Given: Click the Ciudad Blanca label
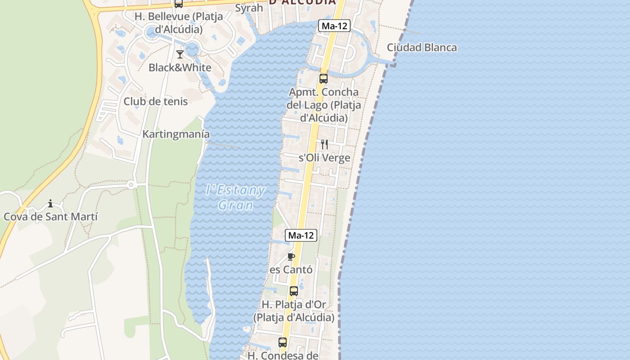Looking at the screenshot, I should click(x=422, y=47).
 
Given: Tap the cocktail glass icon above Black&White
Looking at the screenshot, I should click(x=180, y=54).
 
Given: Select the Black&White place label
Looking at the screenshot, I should click(x=180, y=68).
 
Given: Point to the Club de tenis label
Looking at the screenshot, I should click(x=156, y=101).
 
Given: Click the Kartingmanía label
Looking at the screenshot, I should click(x=176, y=134).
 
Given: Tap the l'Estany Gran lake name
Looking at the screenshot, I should click(x=235, y=198).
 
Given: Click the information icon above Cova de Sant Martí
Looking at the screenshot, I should click(x=50, y=203).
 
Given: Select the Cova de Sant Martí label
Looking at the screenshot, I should click(x=50, y=216).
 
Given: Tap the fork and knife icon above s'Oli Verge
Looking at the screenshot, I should click(x=324, y=144).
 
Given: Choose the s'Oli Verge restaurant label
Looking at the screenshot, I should click(x=324, y=158).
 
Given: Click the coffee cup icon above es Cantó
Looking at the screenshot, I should click(x=291, y=256).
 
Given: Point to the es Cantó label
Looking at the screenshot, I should click(x=291, y=270).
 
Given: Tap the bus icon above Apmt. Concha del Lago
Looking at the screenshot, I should click(x=323, y=79).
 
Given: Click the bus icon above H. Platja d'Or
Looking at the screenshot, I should click(x=294, y=291).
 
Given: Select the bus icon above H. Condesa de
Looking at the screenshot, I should click(x=283, y=342).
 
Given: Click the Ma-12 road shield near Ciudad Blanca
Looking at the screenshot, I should click(x=334, y=26).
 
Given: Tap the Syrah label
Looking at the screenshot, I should click(x=249, y=8).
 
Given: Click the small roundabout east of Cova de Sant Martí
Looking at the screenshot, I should click(x=131, y=184).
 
